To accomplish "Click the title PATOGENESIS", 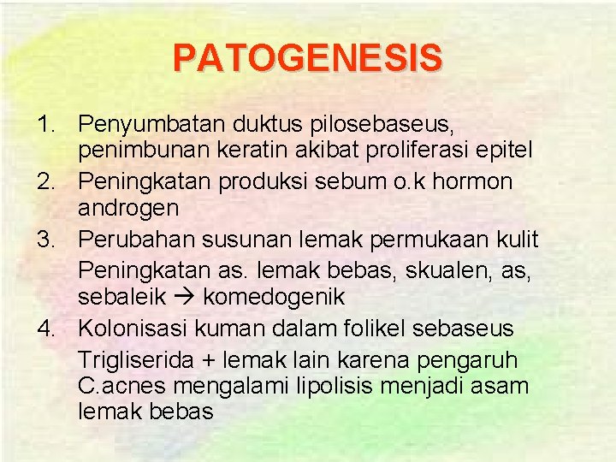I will pos(308,59).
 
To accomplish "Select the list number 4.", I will pos(44,328).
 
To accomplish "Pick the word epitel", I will pos(504,151).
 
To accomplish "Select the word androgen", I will pos(128,207).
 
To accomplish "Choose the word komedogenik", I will pos(274,297).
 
